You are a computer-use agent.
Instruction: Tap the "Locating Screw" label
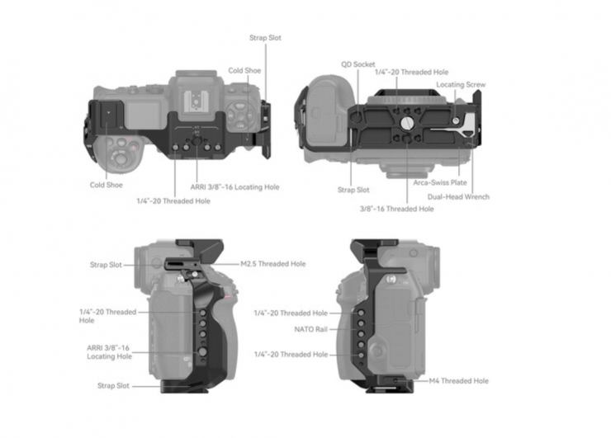click(461, 84)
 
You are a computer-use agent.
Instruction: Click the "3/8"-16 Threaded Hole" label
click(396, 209)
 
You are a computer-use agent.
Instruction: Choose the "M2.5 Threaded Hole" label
click(272, 264)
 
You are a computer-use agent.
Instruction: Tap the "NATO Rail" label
click(310, 328)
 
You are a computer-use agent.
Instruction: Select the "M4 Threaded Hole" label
click(458, 381)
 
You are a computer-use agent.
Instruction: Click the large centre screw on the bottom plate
click(406, 121)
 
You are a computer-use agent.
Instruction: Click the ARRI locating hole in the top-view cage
click(197, 146)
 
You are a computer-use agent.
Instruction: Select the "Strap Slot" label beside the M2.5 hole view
click(106, 265)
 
